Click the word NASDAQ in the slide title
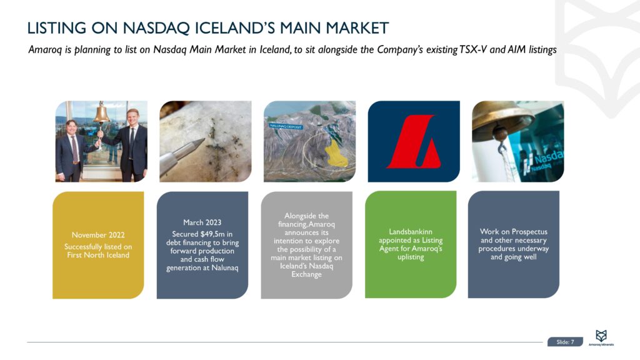(156, 28)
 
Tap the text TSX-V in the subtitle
(473, 50)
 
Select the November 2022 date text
(98, 235)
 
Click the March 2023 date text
(202, 222)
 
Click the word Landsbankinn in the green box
(410, 232)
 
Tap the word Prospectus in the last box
(529, 232)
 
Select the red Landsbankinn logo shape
(413, 141)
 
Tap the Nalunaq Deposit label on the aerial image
(286, 126)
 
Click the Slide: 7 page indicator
(565, 342)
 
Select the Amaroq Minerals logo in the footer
(601, 338)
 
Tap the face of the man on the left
(71, 127)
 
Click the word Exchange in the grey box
(306, 274)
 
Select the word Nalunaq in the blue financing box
(224, 268)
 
